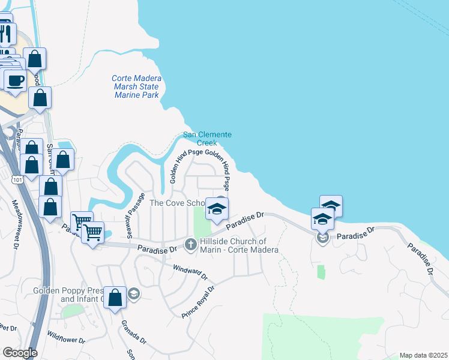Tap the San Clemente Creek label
click(207, 139)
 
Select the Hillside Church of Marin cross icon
click(191, 244)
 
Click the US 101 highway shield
click(17, 179)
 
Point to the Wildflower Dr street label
click(67, 343)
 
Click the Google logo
click(20, 352)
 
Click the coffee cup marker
click(15, 80)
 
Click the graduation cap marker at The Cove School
click(217, 208)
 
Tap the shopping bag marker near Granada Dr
click(115, 296)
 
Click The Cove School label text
click(176, 203)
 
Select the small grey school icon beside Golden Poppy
click(134, 294)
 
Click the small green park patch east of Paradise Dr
click(321, 272)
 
